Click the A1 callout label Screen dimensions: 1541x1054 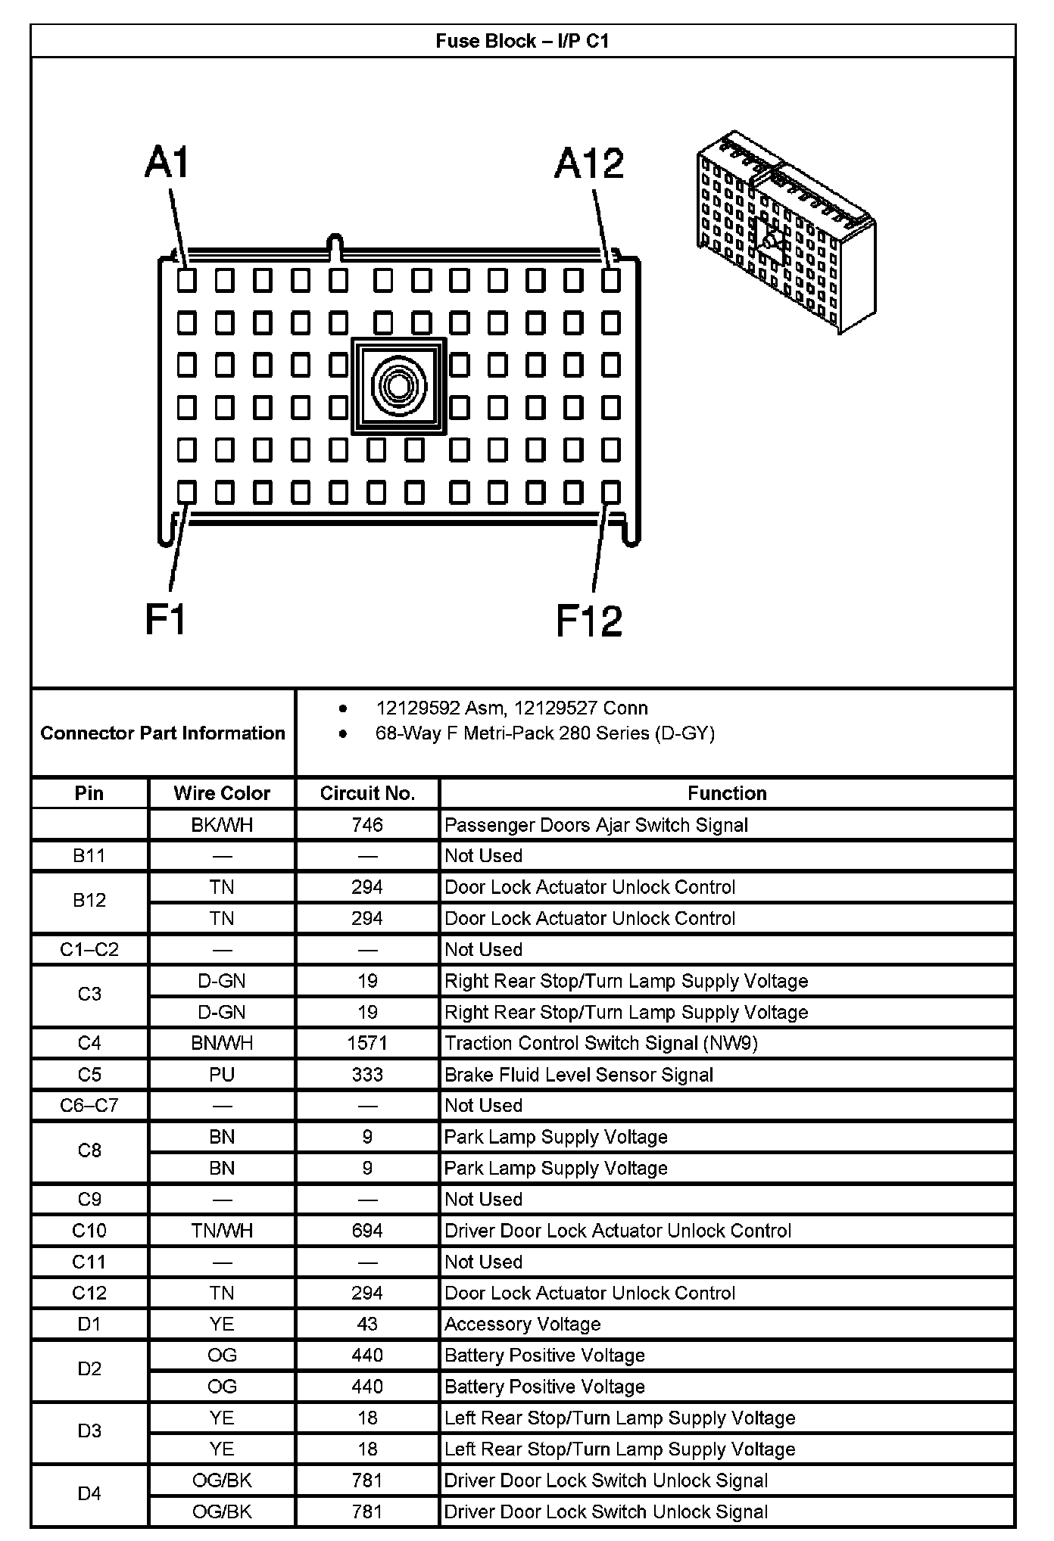[167, 163]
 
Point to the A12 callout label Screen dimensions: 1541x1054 [589, 163]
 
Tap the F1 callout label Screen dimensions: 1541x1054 [166, 620]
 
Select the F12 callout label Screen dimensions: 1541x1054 [589, 621]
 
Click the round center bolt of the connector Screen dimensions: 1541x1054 [399, 387]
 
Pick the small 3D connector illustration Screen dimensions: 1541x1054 [785, 232]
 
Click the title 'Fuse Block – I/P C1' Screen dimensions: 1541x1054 [522, 41]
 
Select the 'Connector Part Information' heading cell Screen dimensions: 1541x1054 [163, 733]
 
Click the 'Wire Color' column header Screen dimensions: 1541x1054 [222, 793]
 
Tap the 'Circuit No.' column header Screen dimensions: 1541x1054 [367, 793]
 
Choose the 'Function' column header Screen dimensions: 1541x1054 [727, 793]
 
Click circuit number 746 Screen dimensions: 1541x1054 [367, 825]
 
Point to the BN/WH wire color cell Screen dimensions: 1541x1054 [222, 1043]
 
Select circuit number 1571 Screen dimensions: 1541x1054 [367, 1043]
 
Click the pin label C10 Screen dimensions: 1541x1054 [89, 1231]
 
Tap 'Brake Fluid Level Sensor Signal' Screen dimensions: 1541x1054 [578, 1075]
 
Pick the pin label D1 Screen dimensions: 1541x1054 [89, 1324]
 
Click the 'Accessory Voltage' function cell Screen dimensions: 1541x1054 [522, 1324]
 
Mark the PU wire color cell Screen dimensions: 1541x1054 [222, 1075]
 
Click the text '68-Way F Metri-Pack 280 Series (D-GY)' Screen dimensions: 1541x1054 [545, 733]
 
